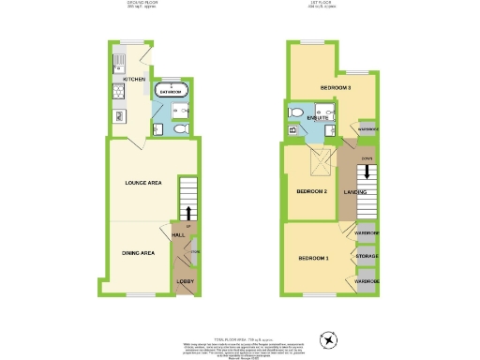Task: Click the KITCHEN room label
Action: [x=133, y=80]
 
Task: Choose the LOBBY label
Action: [x=186, y=281]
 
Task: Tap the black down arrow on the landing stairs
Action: [x=367, y=175]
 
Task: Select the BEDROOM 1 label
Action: [x=313, y=258]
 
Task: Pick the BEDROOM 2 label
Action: [x=311, y=191]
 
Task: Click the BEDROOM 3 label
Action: [x=335, y=88]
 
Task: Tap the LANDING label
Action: [x=355, y=192]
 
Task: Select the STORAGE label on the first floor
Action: [x=367, y=254]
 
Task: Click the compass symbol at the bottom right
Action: [x=327, y=339]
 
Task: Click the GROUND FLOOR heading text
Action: [x=143, y=3]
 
